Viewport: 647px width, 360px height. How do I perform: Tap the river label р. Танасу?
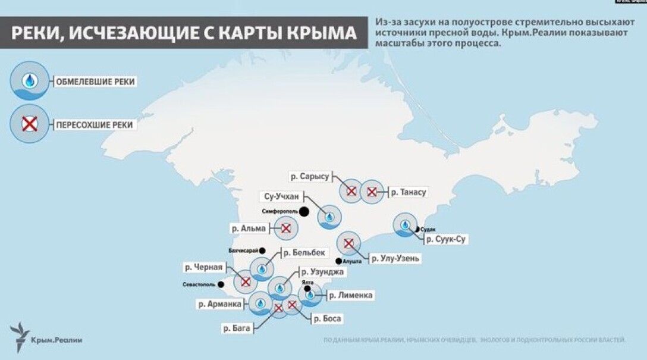409,192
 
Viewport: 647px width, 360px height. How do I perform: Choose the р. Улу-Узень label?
395,258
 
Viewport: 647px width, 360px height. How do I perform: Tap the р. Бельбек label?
304,253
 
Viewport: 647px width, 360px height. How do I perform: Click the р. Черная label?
204,267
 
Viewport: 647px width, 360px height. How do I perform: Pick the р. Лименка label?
351,295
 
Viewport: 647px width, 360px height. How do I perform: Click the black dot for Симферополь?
304,211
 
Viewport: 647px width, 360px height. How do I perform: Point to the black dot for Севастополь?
221,284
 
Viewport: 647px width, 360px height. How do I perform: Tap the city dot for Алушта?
338,261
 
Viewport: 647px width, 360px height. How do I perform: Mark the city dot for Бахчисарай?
262,251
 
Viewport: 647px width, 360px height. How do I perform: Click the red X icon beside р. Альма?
286,228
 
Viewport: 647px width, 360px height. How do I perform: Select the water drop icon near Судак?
405,226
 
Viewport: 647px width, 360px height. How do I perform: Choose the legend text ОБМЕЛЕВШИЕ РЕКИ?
95,81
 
